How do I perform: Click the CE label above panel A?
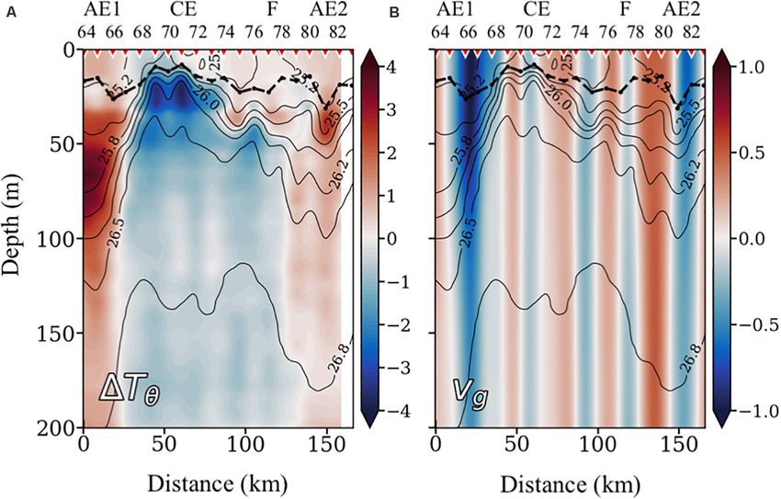click(x=180, y=12)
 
